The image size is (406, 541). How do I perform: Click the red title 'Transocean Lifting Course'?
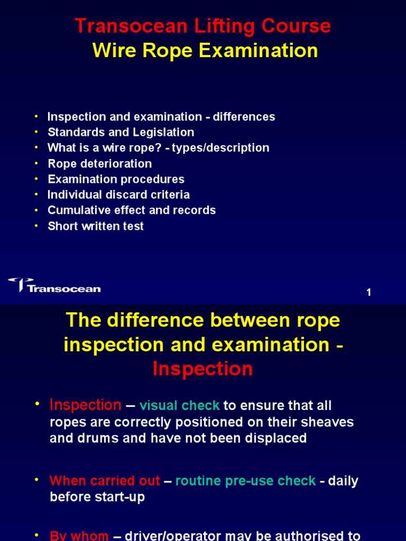[203, 26]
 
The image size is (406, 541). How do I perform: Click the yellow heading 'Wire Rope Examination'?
[205, 51]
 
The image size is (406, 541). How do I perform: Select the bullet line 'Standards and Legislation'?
[121, 132]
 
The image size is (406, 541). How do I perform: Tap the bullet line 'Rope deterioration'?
[99, 163]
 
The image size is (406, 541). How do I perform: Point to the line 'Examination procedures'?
[116, 179]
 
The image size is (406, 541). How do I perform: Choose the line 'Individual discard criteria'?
[118, 194]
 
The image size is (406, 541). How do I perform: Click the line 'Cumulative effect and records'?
[132, 210]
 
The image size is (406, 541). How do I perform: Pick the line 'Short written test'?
[96, 226]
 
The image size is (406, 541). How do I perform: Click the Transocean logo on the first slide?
[54, 285]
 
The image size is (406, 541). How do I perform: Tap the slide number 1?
[369, 293]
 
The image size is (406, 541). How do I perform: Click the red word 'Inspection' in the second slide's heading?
[203, 369]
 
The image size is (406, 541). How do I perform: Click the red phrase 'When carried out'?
[105, 481]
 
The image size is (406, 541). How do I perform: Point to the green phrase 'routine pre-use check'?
[245, 481]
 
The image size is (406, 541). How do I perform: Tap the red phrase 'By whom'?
[79, 535]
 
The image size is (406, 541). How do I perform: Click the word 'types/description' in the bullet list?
[220, 148]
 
